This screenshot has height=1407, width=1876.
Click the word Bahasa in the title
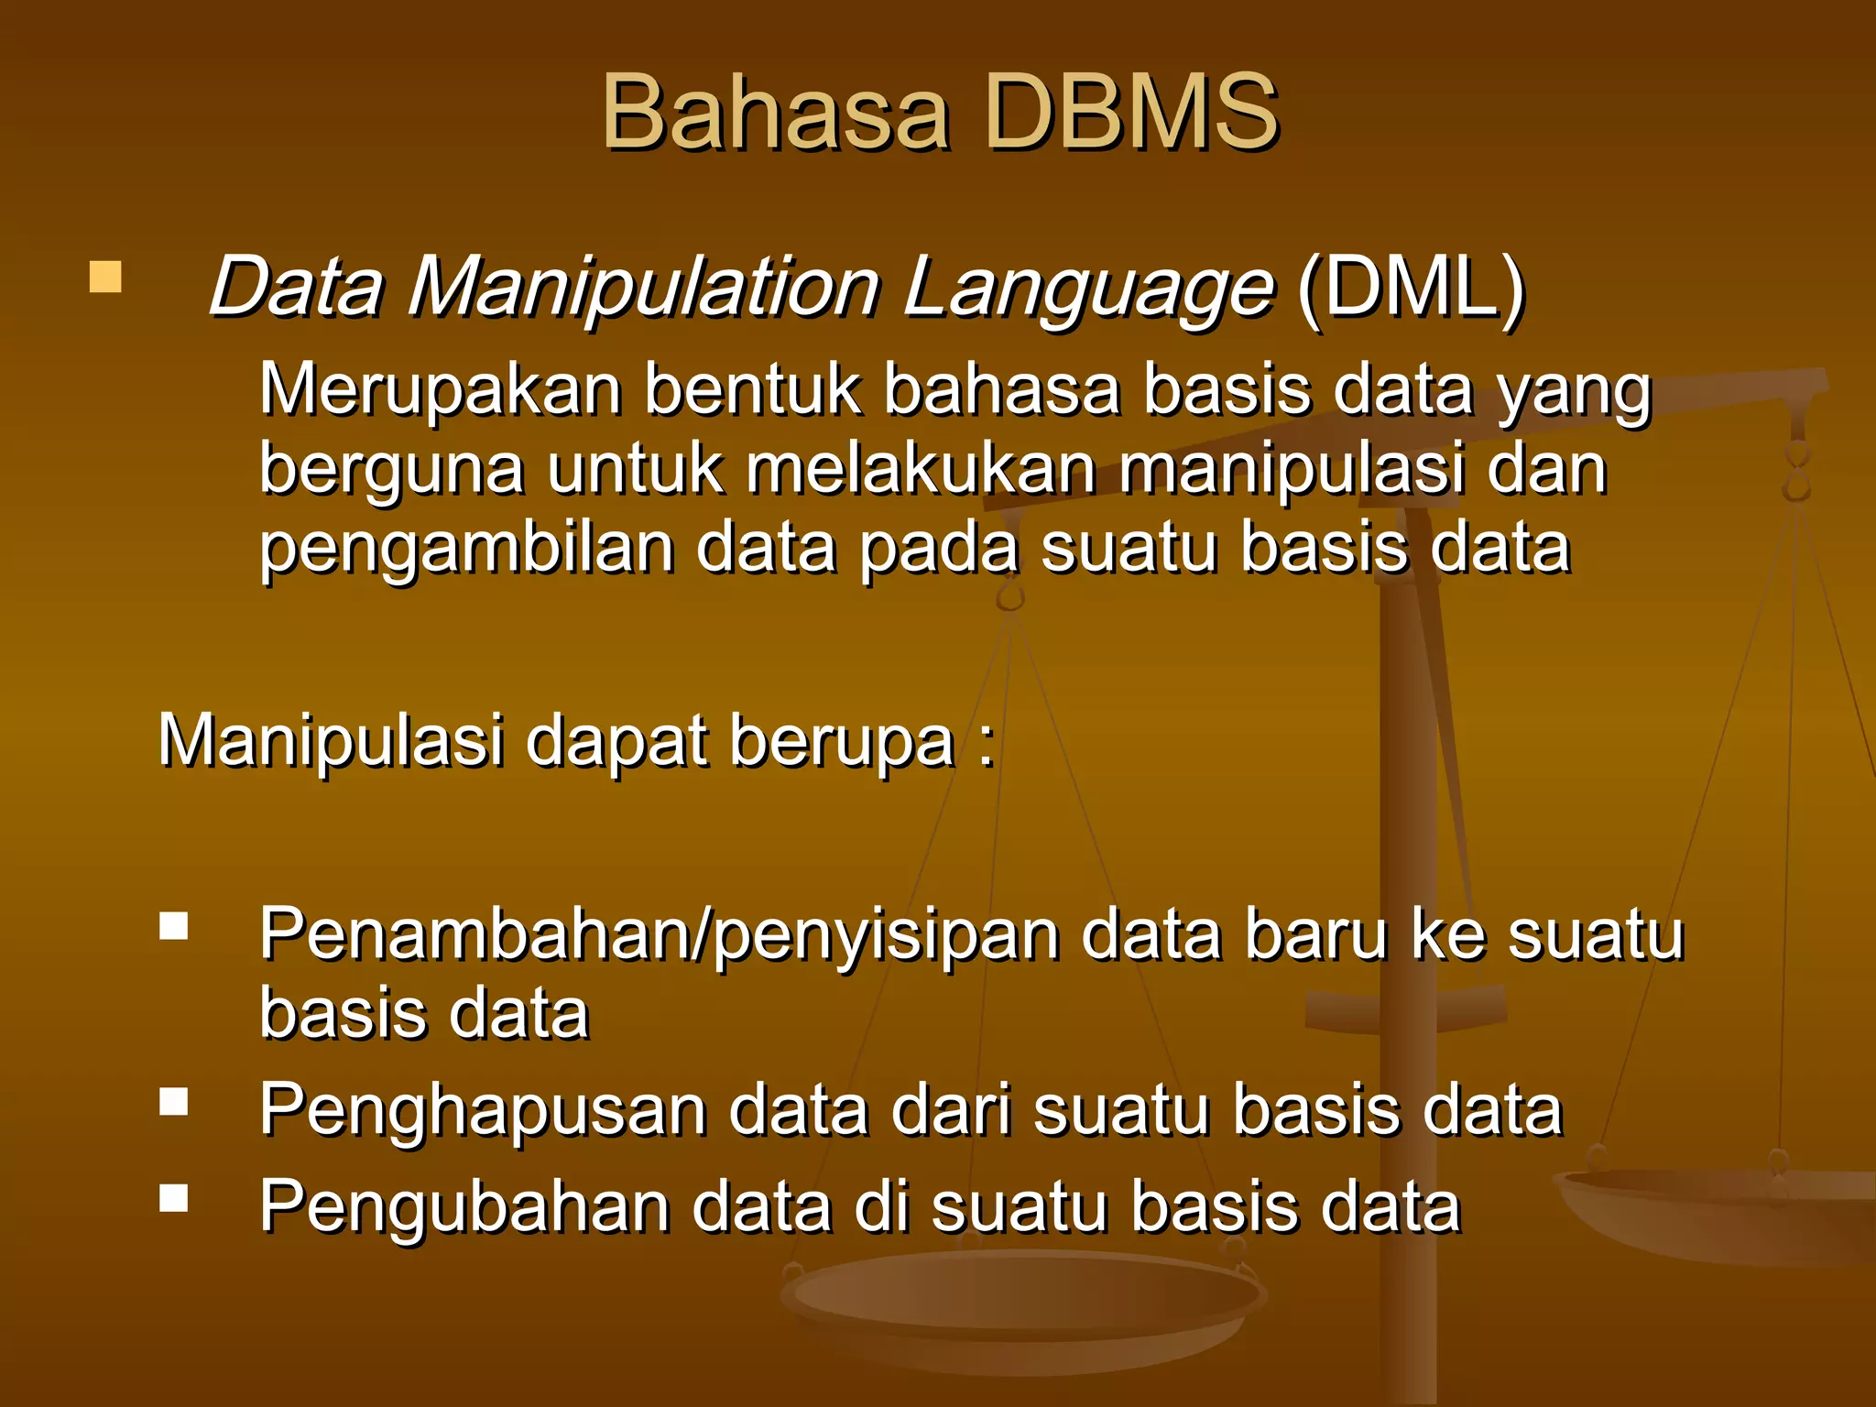[775, 114]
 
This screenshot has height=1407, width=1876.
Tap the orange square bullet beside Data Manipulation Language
[105, 277]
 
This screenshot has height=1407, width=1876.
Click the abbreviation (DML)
[1411, 288]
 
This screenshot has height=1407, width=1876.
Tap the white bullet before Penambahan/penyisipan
[173, 926]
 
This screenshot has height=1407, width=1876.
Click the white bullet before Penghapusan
[173, 1101]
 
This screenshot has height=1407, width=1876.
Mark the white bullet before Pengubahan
[173, 1198]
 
